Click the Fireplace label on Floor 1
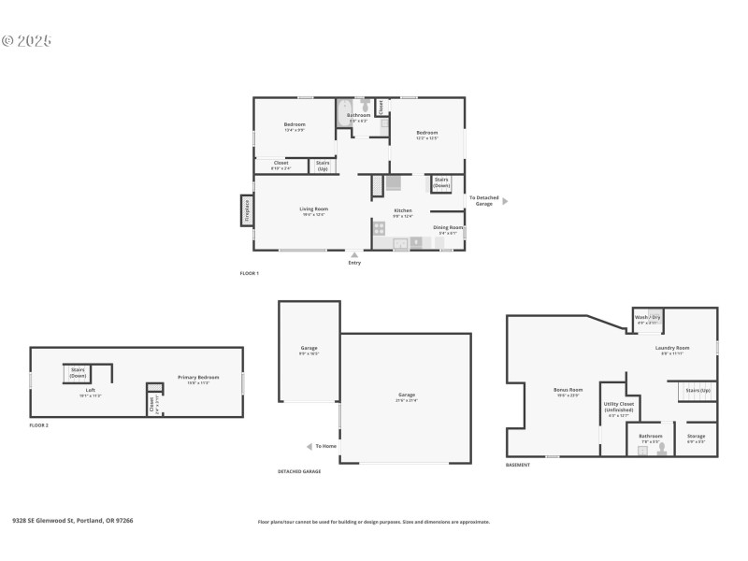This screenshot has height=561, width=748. pos(247,210)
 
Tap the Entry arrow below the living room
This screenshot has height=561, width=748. pos(354,254)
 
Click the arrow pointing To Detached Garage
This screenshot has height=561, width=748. pos(506,200)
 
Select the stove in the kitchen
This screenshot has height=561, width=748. pos(380,227)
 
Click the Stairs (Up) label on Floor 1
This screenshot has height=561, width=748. pos(323,165)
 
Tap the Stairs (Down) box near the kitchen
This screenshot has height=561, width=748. pos(441,182)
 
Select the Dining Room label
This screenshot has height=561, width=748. pos(447,227)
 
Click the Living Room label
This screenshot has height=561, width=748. pos(313,209)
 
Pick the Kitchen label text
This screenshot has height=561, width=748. pos(403,210)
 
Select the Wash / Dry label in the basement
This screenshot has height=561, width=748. pos(648,318)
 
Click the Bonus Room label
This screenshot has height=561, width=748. pos(568,389)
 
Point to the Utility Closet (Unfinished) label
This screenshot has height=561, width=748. pos(620,407)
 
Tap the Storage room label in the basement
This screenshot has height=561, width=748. pos(696,436)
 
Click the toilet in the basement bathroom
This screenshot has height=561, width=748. pos(662,450)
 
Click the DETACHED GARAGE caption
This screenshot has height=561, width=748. pos(299,471)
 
